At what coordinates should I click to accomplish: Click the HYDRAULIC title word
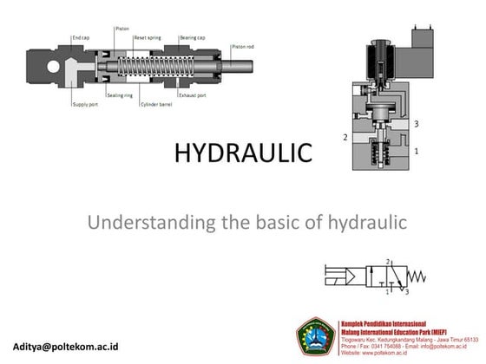click(x=242, y=153)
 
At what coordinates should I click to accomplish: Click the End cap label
click(x=81, y=37)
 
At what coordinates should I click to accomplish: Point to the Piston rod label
click(x=242, y=45)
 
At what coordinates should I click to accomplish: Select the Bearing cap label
click(x=192, y=37)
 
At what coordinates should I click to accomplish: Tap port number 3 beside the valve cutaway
click(x=417, y=125)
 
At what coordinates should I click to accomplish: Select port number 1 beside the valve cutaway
click(x=417, y=151)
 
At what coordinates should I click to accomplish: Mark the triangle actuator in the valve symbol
click(x=356, y=278)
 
